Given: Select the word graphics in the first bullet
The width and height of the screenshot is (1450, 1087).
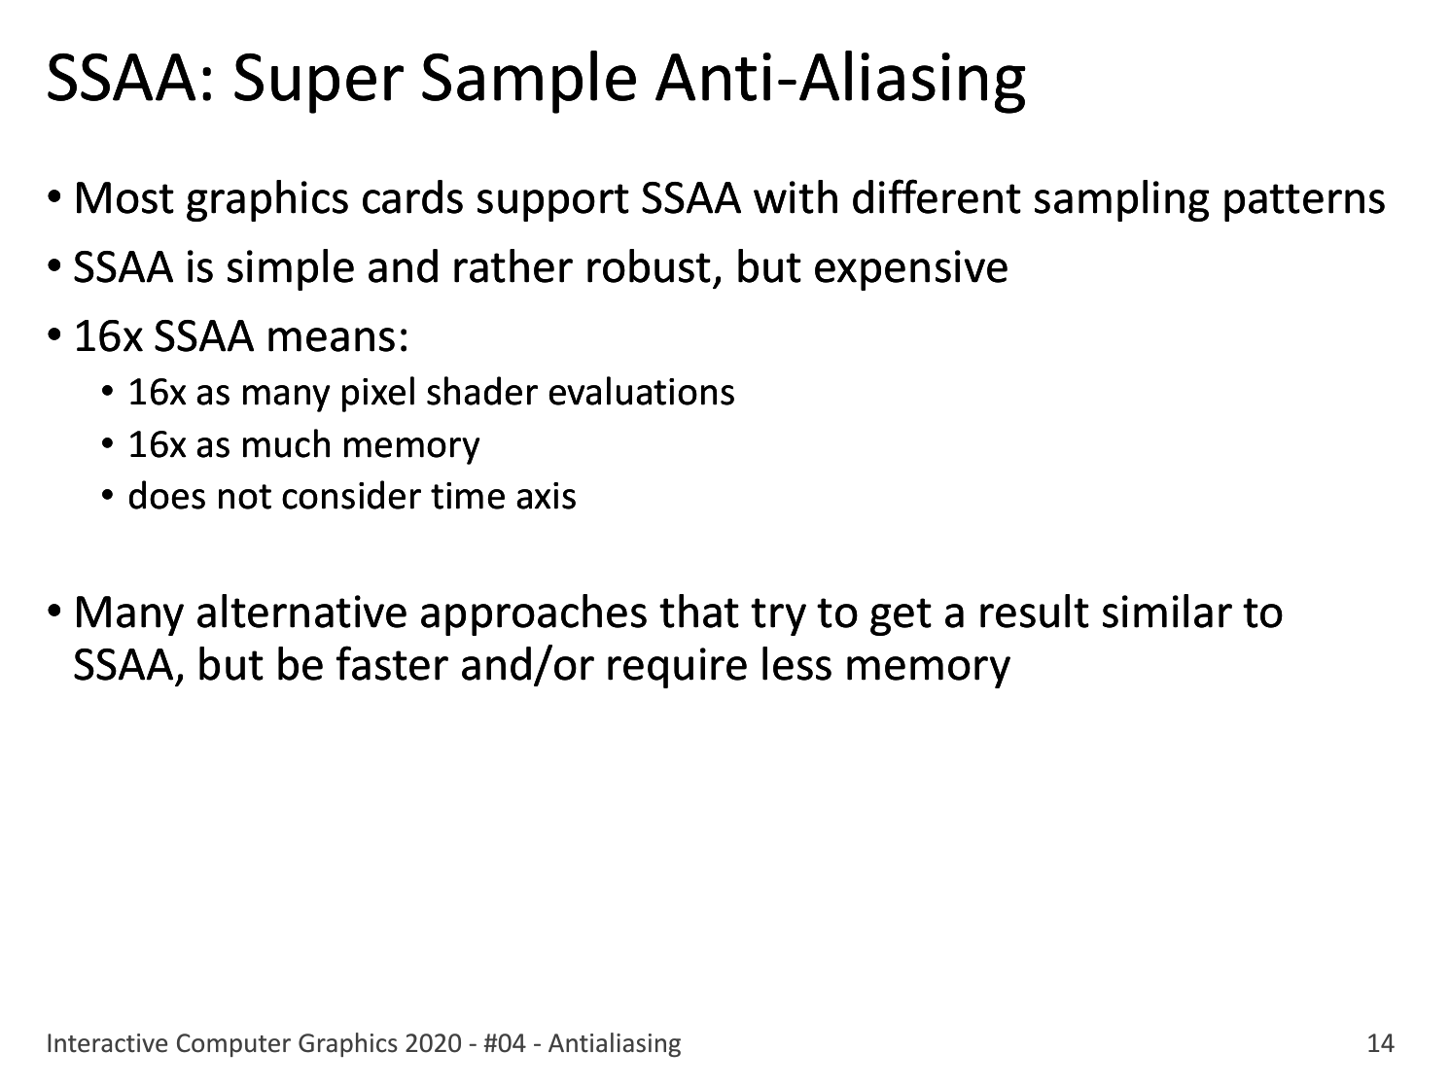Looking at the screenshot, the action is pos(266,199).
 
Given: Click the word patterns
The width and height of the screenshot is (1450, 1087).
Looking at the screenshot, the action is pos(1304,199).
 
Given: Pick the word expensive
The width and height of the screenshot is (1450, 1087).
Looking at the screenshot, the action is pos(911,269).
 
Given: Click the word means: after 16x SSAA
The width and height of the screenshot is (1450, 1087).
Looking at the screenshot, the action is pos(337,336).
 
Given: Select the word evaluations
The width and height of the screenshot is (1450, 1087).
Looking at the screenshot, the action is pos(642,392).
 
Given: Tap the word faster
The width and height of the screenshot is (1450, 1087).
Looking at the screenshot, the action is pos(391,664).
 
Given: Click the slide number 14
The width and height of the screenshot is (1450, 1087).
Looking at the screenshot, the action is pos(1380,1043).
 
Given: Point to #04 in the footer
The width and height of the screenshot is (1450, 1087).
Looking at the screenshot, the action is pos(505,1043).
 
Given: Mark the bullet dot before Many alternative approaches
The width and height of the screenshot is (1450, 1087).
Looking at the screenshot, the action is pos(54,609).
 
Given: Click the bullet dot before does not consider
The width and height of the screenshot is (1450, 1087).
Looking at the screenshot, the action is pos(108,495).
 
